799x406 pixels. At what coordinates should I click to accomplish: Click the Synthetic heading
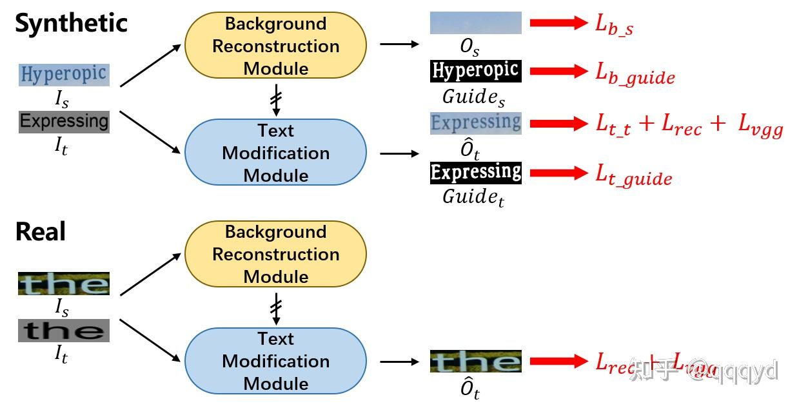pyautogui.click(x=71, y=24)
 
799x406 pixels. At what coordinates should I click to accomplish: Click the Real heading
pyautogui.click(x=40, y=231)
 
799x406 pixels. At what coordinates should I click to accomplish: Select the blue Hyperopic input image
pyautogui.click(x=64, y=75)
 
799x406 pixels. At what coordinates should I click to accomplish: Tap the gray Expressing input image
pyautogui.click(x=64, y=122)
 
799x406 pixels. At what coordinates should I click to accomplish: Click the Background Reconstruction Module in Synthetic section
pyautogui.click(x=275, y=46)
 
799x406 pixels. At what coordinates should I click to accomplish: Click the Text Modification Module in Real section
pyautogui.click(x=275, y=361)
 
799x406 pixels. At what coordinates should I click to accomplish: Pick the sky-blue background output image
pyautogui.click(x=475, y=23)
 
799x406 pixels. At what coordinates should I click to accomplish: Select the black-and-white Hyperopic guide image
pyautogui.click(x=475, y=71)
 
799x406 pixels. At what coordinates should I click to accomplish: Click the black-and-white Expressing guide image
pyautogui.click(x=475, y=173)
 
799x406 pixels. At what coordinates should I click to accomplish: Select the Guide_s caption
pyautogui.click(x=473, y=97)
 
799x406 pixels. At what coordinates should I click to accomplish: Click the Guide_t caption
pyautogui.click(x=473, y=197)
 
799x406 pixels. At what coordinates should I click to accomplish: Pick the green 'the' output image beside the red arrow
pyautogui.click(x=475, y=362)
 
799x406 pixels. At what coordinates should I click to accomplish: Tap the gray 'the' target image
pyautogui.click(x=64, y=331)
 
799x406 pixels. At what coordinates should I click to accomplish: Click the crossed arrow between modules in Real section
pyautogui.click(x=276, y=309)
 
